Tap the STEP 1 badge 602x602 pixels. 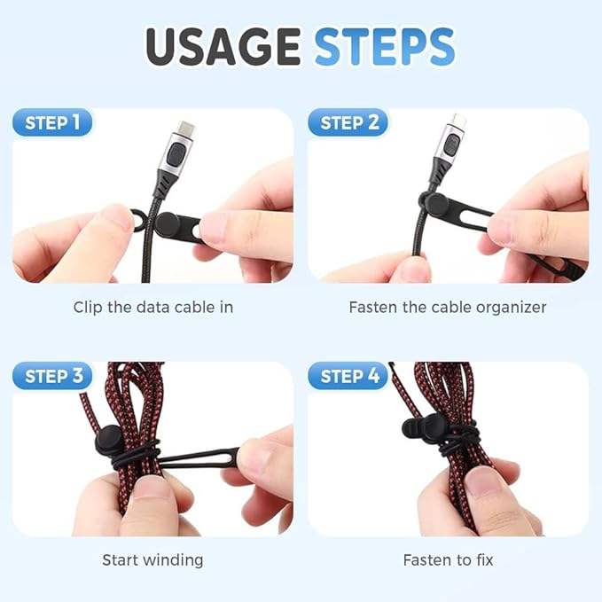(x=53, y=122)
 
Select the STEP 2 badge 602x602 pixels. (x=348, y=122)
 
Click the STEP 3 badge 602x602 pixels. (x=53, y=376)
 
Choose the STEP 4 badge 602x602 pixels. (x=348, y=376)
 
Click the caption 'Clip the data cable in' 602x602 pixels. (x=152, y=308)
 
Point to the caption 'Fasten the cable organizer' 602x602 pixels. (x=448, y=308)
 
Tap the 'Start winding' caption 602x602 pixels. (x=152, y=559)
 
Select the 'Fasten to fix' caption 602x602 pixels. (x=448, y=559)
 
